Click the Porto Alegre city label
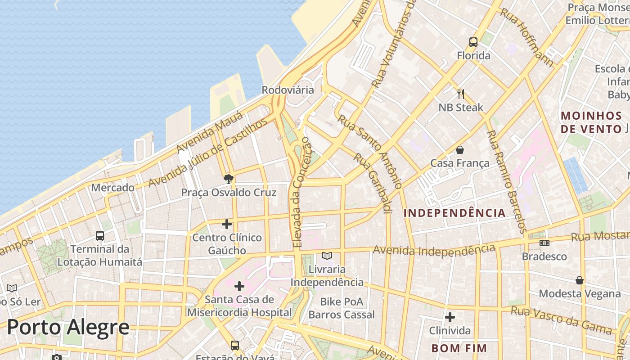[68, 328]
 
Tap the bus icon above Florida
[473, 42]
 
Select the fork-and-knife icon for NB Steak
[460, 94]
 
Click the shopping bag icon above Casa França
[460, 149]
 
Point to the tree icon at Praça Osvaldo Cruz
[228, 179]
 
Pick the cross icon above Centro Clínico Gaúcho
[227, 224]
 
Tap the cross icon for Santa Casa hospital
[239, 286]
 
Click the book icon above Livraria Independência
[327, 256]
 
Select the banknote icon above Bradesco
[544, 243]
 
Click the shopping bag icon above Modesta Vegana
[580, 280]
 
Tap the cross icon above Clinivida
[450, 317]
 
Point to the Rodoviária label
[288, 90]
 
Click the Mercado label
[113, 188]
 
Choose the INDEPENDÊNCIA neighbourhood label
[454, 213]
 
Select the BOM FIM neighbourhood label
[459, 348]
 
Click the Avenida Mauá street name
[209, 131]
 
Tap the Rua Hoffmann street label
[526, 37]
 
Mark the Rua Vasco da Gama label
[562, 320]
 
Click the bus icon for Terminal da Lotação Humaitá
[100, 235]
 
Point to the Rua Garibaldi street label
[371, 183]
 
